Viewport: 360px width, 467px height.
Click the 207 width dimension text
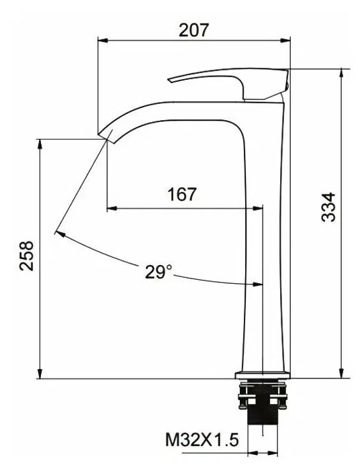pyautogui.click(x=193, y=30)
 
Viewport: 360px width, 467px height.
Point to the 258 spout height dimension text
pyautogui.click(x=26, y=256)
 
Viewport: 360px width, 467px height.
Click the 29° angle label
pyautogui.click(x=159, y=272)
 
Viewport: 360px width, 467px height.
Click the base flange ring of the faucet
pyautogui.click(x=262, y=373)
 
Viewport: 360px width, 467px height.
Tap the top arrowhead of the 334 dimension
pyautogui.click(x=344, y=72)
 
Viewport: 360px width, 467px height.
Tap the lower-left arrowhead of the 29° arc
pyautogui.click(x=58, y=234)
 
